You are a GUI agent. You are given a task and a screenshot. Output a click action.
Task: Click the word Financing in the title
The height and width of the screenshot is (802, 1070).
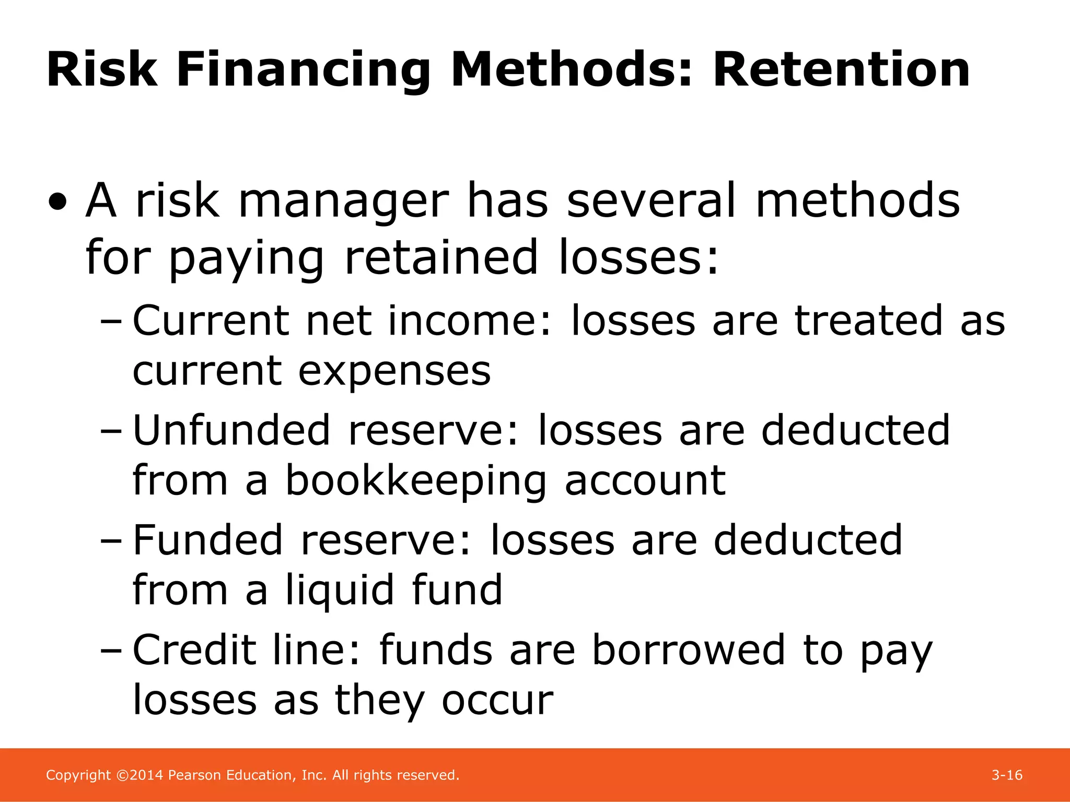(x=303, y=70)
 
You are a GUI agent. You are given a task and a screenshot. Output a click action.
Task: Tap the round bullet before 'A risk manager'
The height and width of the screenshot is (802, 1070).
(x=58, y=202)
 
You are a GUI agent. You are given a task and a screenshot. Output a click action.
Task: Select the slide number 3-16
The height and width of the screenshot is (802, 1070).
(x=1007, y=775)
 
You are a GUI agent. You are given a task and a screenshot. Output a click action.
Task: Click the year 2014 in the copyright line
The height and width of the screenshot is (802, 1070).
(x=147, y=775)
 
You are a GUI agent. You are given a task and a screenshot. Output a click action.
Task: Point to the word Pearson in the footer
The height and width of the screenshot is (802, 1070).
(x=195, y=775)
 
